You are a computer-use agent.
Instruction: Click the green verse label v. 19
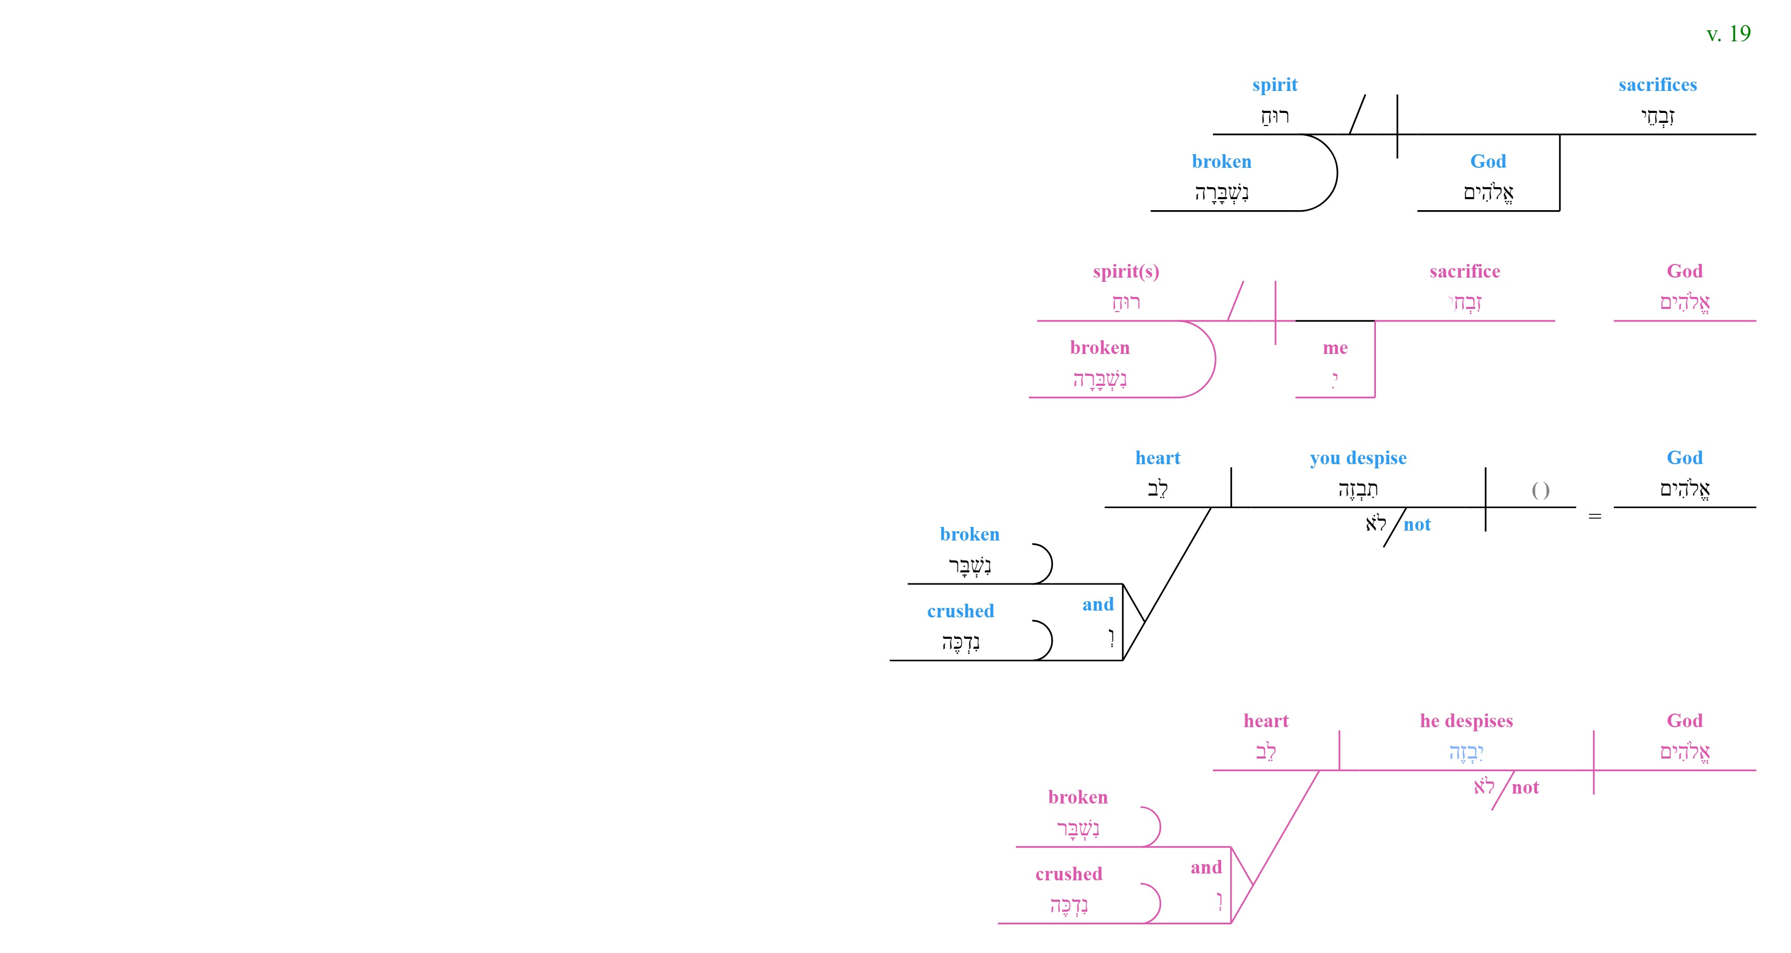click(1728, 34)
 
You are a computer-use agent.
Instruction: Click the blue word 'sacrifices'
click(1658, 85)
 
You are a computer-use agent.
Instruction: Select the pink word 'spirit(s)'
click(1126, 272)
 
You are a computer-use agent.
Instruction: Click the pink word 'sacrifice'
click(1465, 271)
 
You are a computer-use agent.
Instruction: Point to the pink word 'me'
click(1335, 348)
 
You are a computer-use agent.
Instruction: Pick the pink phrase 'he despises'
click(1466, 721)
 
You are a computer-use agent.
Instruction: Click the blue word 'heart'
click(1157, 458)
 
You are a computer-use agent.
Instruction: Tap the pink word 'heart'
click(1266, 721)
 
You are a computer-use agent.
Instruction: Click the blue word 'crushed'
click(961, 611)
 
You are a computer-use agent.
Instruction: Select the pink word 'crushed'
click(1069, 874)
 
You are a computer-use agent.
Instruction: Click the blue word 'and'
click(1098, 605)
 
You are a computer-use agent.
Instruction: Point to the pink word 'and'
click(1206, 867)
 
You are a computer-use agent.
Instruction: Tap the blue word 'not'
click(1417, 525)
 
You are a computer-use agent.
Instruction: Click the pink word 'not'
click(1525, 788)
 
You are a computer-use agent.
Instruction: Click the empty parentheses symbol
click(1541, 491)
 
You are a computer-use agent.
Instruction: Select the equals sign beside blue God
click(1595, 516)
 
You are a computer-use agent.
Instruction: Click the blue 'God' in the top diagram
click(1488, 161)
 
